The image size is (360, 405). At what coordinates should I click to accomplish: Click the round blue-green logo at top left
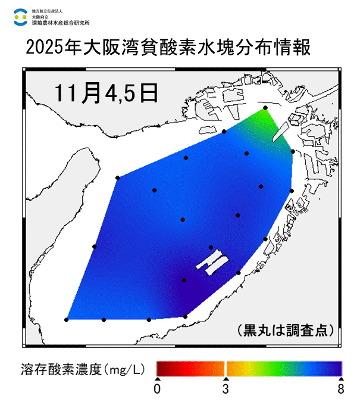(20, 16)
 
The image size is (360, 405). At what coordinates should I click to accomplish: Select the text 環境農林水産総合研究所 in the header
(61, 22)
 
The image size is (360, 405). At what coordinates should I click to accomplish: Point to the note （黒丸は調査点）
(284, 329)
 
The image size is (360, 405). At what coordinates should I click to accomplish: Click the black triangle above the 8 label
(341, 379)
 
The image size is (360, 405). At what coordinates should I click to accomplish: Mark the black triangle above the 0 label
(157, 379)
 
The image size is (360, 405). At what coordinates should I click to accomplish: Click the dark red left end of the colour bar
(161, 368)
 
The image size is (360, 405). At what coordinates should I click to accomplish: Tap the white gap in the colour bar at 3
(226, 368)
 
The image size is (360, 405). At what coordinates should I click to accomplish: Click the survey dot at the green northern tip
(265, 108)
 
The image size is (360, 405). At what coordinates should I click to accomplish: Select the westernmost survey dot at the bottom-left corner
(66, 320)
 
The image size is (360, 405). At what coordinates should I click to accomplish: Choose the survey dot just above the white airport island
(211, 247)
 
